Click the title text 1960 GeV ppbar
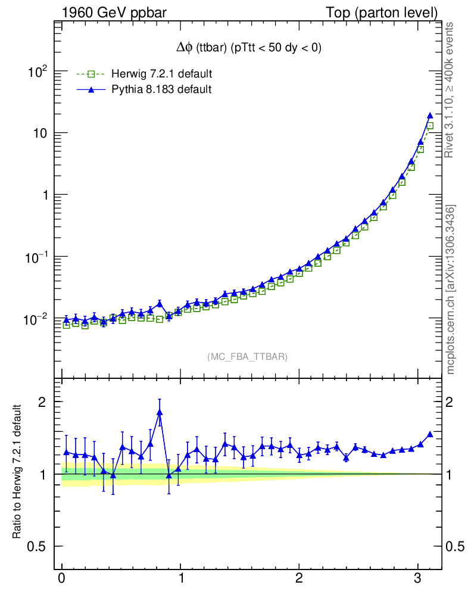pos(114,13)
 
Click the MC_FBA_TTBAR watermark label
pos(248,357)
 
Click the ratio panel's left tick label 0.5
pos(38,547)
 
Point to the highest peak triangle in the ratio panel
pos(160,412)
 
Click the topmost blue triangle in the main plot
pos(430,116)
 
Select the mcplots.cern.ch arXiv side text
pos(452,289)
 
